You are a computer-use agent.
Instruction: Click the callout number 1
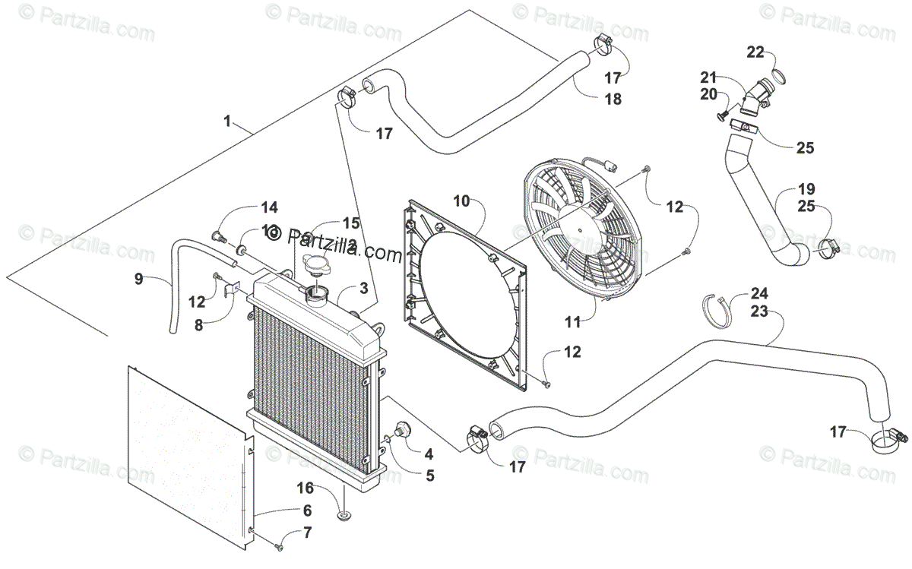coord(226,121)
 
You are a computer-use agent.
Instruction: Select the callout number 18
coord(613,99)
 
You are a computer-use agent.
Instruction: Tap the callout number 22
coord(755,52)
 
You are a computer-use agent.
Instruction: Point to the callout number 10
coord(463,201)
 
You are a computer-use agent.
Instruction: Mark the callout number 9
coord(138,279)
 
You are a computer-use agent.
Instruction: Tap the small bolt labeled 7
coord(280,545)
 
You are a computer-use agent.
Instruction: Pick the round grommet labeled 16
coord(344,517)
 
